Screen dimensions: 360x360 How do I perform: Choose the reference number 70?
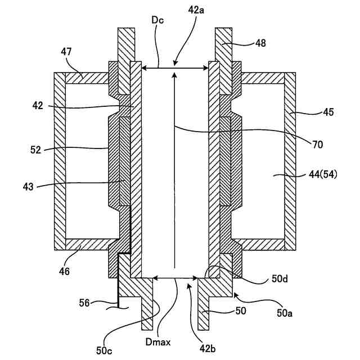(317, 145)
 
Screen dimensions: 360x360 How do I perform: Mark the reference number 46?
(65, 272)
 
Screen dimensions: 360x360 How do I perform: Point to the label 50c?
(105, 350)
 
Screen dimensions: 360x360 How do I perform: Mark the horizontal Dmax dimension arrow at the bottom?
(175, 277)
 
